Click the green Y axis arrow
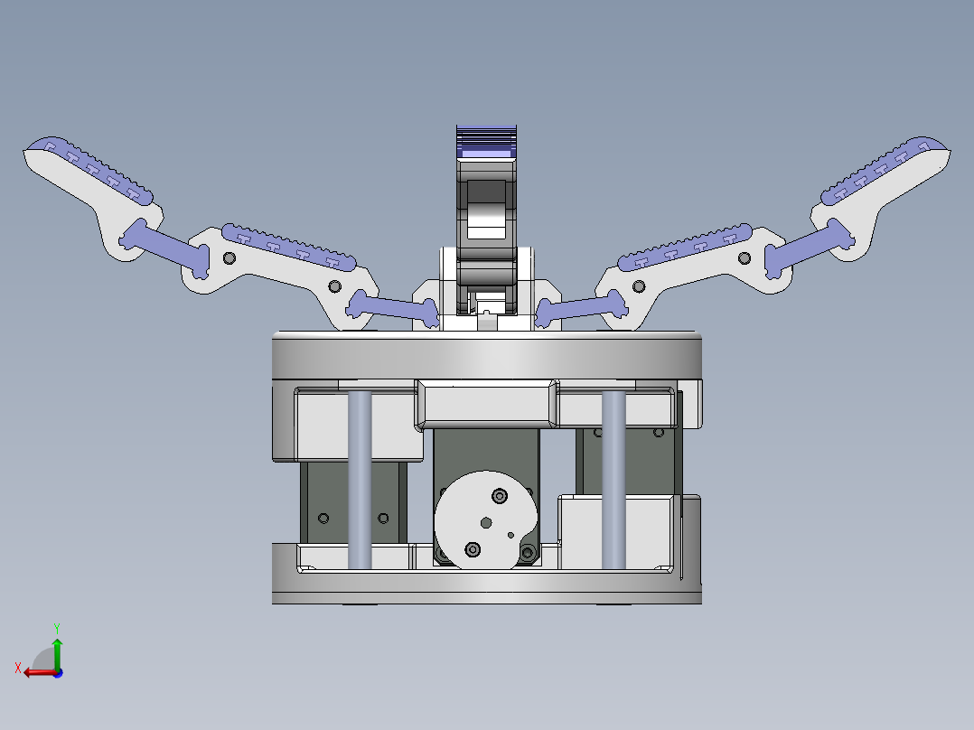pos(57,649)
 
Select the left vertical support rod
pos(360,479)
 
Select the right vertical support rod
pos(613,479)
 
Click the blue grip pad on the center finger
pos(486,140)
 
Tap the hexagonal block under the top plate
pos(486,403)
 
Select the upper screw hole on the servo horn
pos(499,495)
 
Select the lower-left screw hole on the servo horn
pos(472,548)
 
